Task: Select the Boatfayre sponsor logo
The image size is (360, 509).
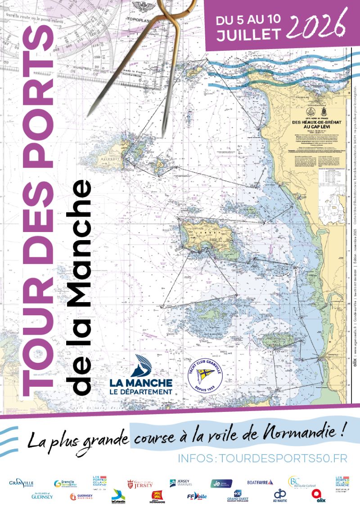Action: click(x=260, y=482)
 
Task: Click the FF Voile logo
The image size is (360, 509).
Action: click(x=197, y=496)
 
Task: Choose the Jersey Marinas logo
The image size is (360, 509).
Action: click(x=179, y=483)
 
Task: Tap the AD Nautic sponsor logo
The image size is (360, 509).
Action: click(x=280, y=496)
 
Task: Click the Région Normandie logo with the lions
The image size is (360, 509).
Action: click(x=157, y=496)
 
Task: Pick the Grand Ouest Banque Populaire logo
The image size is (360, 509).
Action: click(x=237, y=496)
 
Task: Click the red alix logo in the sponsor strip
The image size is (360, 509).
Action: click(x=319, y=496)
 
